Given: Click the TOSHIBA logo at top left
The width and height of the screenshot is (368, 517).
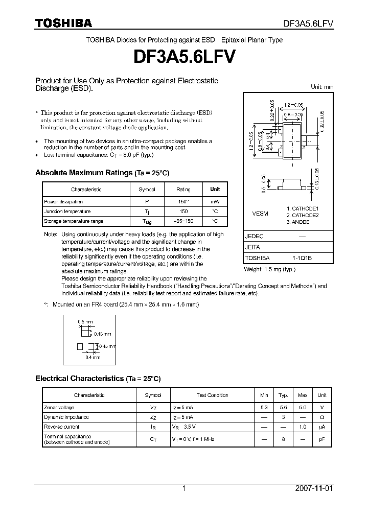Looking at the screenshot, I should [63, 23].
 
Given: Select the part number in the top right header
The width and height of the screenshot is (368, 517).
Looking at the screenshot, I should [309, 24].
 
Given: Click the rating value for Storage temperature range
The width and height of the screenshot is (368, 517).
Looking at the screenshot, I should [183, 221].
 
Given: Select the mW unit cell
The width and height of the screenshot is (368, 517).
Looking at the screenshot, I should [215, 202].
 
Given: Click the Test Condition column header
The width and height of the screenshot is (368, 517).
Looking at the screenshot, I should [212, 395].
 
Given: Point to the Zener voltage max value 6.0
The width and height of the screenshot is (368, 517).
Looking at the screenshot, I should [303, 408].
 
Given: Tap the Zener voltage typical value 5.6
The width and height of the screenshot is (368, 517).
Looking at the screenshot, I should [283, 408].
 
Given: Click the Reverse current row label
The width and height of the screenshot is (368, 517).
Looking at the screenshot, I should [62, 427].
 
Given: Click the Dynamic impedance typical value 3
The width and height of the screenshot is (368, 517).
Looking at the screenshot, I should [283, 417].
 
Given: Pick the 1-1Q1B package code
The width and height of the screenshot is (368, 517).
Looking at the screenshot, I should [302, 258].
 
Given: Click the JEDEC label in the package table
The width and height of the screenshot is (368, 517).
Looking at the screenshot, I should [254, 237].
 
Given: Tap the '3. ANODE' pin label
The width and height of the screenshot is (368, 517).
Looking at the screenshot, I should [298, 222].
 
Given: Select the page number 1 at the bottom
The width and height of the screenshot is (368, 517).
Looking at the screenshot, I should [184, 488].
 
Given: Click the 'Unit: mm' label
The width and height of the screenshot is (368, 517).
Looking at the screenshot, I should [322, 87].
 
